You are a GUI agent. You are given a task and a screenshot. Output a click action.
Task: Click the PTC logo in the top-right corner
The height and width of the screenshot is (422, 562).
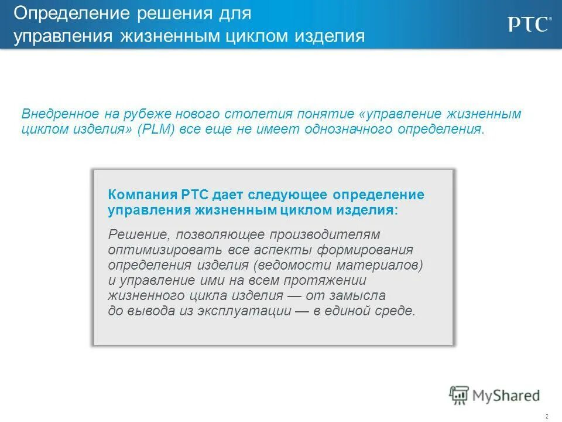(528, 25)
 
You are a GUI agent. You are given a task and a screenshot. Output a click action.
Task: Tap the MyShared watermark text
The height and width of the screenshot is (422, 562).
(507, 396)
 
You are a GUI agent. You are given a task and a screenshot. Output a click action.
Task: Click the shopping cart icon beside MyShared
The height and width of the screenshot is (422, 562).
(460, 395)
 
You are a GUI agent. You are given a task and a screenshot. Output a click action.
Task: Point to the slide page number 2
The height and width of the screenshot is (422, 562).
(546, 416)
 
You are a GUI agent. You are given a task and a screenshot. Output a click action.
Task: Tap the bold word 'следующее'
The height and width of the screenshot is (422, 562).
(289, 195)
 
